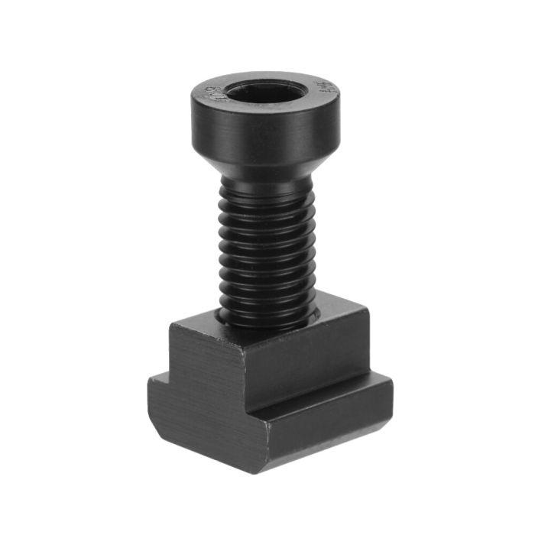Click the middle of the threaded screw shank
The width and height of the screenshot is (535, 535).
pos(267,245)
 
